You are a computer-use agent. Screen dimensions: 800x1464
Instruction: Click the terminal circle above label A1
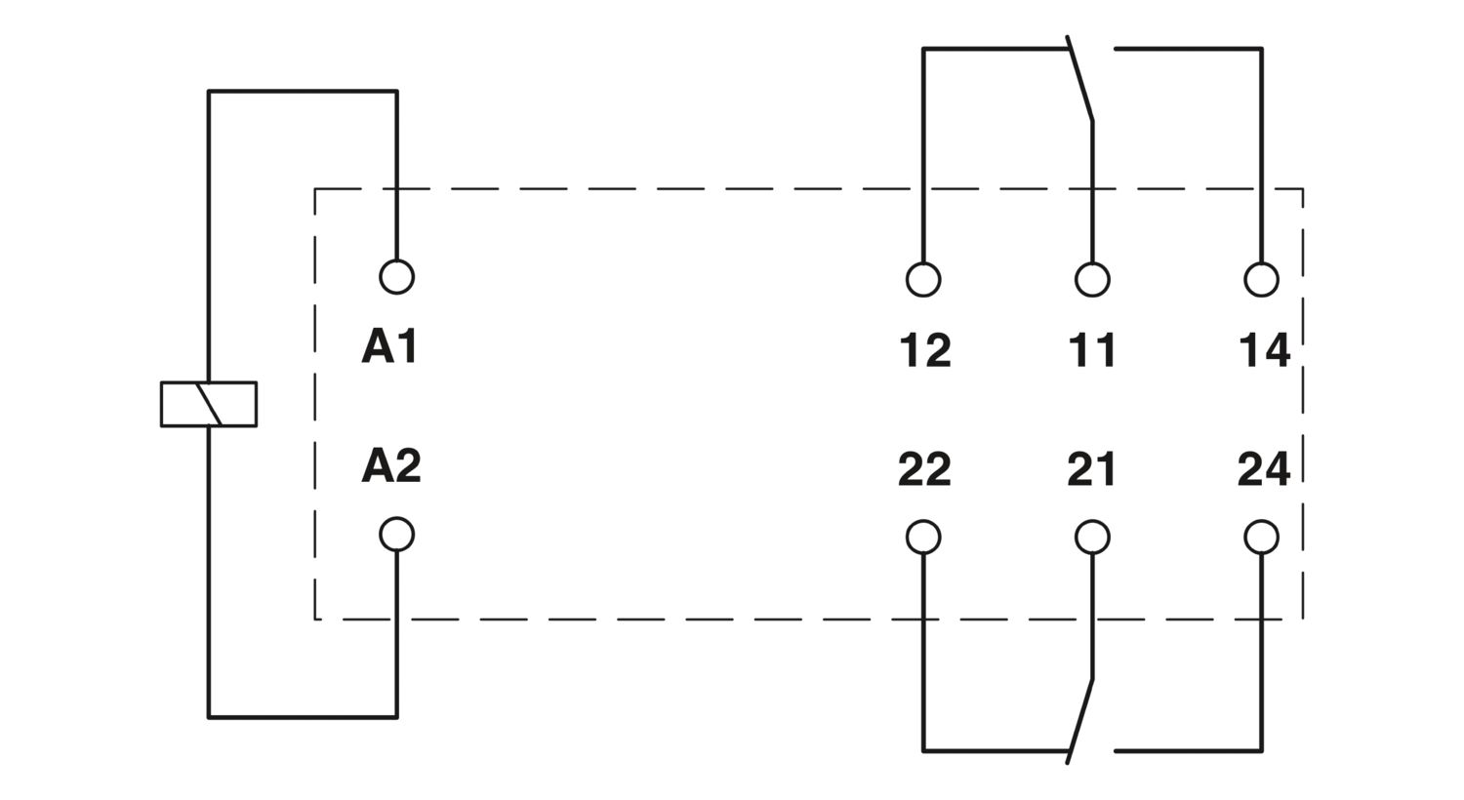(x=396, y=277)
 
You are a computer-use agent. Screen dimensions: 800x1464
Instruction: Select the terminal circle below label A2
(x=396, y=535)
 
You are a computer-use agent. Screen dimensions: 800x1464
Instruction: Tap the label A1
(x=389, y=346)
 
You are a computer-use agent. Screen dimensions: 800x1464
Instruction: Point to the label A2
(x=390, y=465)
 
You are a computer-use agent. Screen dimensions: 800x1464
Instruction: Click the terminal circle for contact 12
(x=923, y=280)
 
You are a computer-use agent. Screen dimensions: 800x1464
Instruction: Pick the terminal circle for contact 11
(x=1092, y=280)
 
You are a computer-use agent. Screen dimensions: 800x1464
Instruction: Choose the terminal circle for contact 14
(x=1262, y=280)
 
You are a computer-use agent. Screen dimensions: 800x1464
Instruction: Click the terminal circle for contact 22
(x=923, y=537)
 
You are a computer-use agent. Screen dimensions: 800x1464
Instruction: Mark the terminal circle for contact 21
(x=1092, y=537)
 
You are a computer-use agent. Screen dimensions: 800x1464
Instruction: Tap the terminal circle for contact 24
(x=1262, y=537)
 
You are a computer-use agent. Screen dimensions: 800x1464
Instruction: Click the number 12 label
(x=924, y=350)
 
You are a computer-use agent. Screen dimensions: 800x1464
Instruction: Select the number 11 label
(x=1092, y=350)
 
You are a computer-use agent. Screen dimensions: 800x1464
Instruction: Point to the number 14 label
(x=1264, y=350)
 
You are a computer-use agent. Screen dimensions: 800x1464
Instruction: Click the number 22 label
(x=924, y=470)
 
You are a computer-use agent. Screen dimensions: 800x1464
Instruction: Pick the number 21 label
(x=1091, y=470)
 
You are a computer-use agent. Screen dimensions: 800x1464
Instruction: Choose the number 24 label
(x=1264, y=470)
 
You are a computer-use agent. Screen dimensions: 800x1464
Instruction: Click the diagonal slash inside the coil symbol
(x=209, y=404)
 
